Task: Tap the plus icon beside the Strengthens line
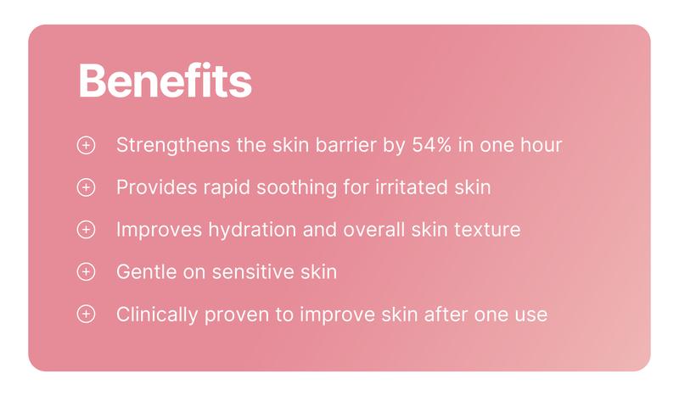[x=86, y=145]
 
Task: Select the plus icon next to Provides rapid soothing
[x=86, y=187]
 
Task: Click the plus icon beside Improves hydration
[x=86, y=230]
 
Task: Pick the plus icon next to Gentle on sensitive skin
[x=86, y=272]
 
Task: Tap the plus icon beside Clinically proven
[x=86, y=315]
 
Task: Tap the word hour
[x=542, y=145]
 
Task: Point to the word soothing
[x=300, y=187]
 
